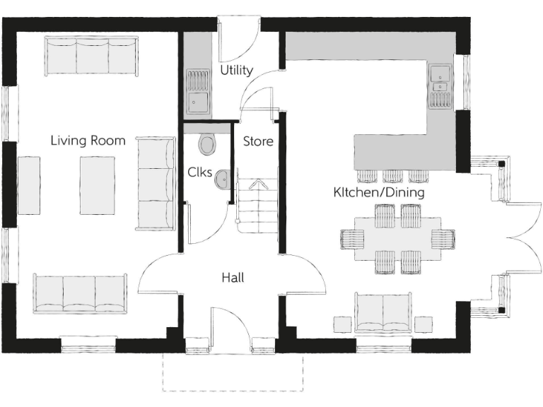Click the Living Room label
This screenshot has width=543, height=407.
[x=88, y=141]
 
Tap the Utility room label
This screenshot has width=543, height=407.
[x=236, y=71]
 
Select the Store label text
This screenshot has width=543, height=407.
[x=258, y=141]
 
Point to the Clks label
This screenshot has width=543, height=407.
[x=199, y=172]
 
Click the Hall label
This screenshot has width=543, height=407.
[x=233, y=278]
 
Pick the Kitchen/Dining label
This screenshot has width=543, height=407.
[x=379, y=192]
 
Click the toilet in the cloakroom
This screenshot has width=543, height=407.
[x=208, y=144]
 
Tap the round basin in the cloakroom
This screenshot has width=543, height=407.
[x=222, y=179]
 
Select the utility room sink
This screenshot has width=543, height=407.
[x=198, y=92]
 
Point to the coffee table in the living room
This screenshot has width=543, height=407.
[x=98, y=185]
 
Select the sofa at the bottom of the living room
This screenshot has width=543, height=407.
[x=79, y=293]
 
